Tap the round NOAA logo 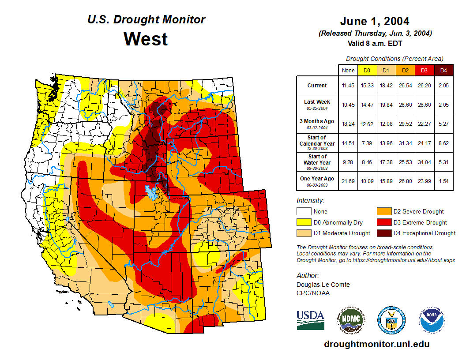pyautogui.click(x=432, y=320)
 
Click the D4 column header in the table pyautogui.click(x=443, y=71)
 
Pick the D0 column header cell pyautogui.click(x=367, y=71)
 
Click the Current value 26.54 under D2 pyautogui.click(x=405, y=86)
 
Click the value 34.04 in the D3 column pyautogui.click(x=424, y=162)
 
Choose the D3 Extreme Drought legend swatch pyautogui.click(x=383, y=222)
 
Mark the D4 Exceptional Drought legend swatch pyautogui.click(x=383, y=233)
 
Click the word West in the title pyautogui.click(x=146, y=39)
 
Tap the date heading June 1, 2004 pyautogui.click(x=375, y=21)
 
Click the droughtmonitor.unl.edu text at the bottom pyautogui.click(x=376, y=344)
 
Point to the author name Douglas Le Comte pyautogui.click(x=323, y=285)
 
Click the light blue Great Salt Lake pyautogui.click(x=151, y=192)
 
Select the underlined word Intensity pyautogui.click(x=310, y=200)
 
